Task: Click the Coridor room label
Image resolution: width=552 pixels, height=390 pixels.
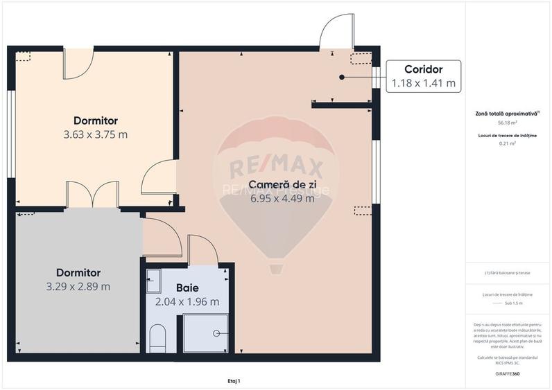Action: (423, 69)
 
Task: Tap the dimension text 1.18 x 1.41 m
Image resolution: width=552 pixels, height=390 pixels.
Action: (423, 84)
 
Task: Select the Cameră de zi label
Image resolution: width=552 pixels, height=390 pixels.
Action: (282, 185)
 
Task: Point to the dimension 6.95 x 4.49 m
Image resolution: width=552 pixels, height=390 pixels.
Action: (282, 198)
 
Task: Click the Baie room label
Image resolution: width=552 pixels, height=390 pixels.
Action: (187, 287)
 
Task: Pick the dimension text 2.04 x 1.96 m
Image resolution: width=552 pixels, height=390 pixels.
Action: (187, 301)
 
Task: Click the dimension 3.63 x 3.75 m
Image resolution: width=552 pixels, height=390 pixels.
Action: (96, 134)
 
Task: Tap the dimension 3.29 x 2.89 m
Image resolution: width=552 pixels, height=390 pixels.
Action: (78, 286)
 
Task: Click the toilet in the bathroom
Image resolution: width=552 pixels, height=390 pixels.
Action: (158, 338)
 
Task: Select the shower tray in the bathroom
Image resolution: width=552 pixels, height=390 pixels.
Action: (205, 333)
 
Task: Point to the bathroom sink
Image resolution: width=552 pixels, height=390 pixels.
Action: (153, 281)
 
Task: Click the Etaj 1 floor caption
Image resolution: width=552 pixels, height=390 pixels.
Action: (234, 380)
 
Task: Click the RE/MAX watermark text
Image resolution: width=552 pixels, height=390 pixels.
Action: (277, 167)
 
